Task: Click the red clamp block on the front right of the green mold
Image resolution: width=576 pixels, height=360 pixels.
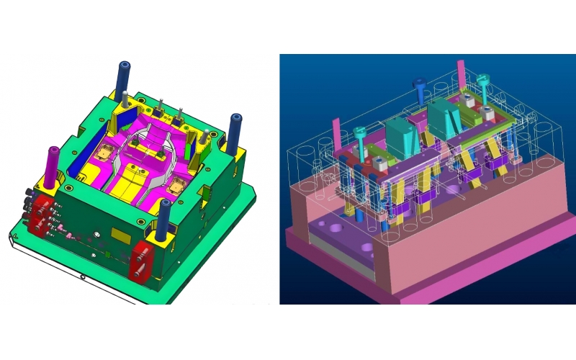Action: [141, 260]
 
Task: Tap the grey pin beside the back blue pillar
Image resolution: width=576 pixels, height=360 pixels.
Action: [127, 100]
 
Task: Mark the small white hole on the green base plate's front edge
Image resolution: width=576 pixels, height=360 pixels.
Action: [83, 276]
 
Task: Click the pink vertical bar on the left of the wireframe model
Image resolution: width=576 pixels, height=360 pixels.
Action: [336, 136]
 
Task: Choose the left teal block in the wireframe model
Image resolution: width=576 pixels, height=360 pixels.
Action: [399, 137]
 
